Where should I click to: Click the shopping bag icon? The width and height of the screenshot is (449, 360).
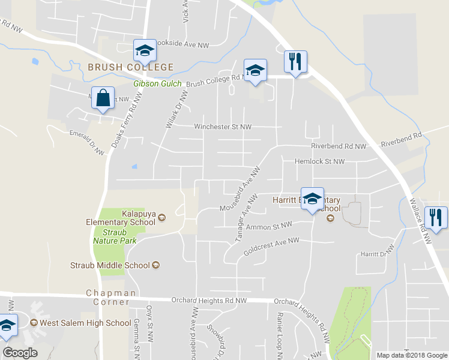[x=103, y=98]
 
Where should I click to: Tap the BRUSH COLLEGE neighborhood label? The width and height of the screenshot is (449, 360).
[x=130, y=67]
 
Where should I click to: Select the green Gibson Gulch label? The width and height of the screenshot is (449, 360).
[x=157, y=83]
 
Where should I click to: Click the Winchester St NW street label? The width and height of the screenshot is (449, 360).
[x=222, y=127]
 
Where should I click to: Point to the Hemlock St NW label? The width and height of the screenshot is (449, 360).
[x=319, y=161]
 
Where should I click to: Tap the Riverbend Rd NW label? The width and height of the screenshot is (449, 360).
[x=338, y=146]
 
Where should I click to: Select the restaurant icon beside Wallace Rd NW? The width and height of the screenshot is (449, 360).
[x=435, y=218]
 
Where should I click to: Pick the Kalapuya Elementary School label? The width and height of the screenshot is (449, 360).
[x=121, y=218]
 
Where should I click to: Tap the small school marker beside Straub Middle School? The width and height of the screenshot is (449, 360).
[x=157, y=265]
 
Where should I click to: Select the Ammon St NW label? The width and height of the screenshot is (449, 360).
[x=269, y=226]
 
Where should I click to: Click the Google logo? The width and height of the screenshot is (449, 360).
[x=20, y=353]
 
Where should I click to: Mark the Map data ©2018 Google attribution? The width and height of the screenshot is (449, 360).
[x=411, y=355]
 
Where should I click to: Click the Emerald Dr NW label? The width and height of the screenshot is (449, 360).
[x=86, y=142]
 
